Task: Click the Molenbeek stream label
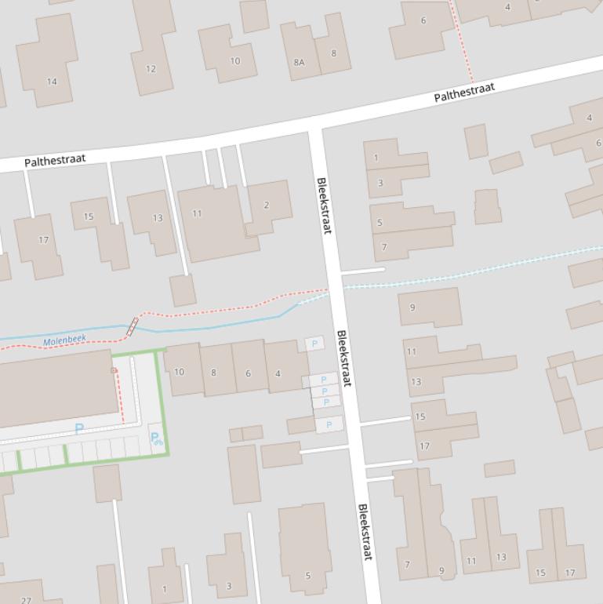(x=64, y=341)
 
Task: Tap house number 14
(x=52, y=81)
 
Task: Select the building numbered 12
(x=151, y=69)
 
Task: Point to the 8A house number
(x=299, y=63)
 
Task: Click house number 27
(x=26, y=600)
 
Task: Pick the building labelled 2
(x=267, y=206)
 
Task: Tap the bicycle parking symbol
(x=155, y=438)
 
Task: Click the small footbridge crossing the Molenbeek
(x=133, y=326)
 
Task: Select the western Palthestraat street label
(x=55, y=161)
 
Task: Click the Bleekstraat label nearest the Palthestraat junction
(x=324, y=206)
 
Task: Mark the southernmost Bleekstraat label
(x=365, y=532)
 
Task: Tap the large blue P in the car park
(x=78, y=428)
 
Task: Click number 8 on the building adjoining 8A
(x=333, y=54)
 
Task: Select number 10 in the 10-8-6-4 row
(x=179, y=372)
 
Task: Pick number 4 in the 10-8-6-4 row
(x=278, y=373)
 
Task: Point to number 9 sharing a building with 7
(x=441, y=571)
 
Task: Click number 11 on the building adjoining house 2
(x=197, y=213)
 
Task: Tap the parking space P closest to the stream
(x=314, y=344)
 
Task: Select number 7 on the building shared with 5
(x=384, y=247)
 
